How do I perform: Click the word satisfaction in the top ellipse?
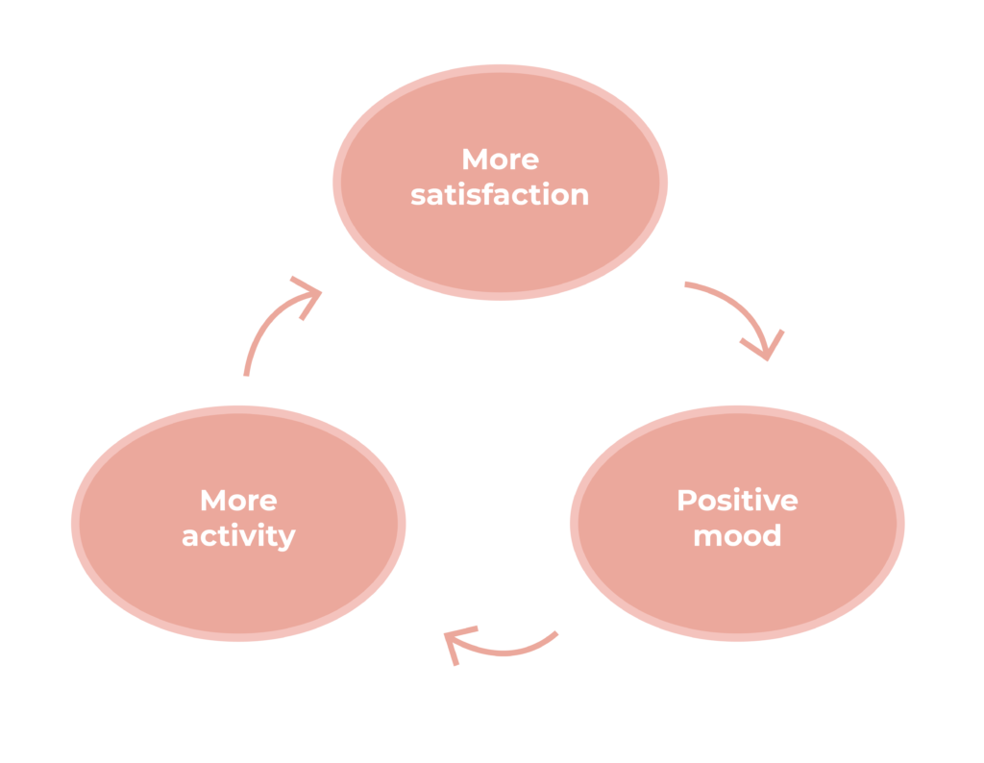coord(500,195)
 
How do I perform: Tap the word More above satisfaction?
coord(500,159)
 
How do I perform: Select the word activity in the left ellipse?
coord(238,536)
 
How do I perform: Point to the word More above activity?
coord(238,501)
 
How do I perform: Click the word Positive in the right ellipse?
coord(737,501)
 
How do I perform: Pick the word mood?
coord(737,535)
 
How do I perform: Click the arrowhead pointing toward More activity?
coord(456,643)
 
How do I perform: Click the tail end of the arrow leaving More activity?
coord(246,373)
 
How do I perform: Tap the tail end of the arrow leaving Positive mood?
coord(554,633)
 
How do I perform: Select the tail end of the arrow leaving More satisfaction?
coord(686,284)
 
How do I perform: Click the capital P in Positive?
coord(686,501)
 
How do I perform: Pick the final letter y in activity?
coord(286,539)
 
